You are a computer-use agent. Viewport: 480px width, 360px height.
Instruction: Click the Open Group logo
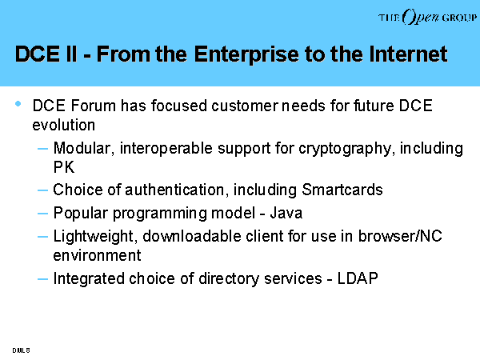pyautogui.click(x=427, y=17)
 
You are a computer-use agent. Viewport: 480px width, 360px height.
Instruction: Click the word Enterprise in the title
pyautogui.click(x=246, y=54)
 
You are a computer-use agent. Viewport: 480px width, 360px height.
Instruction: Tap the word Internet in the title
pyautogui.click(x=408, y=54)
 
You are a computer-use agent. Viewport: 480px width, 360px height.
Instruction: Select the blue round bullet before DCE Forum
pyautogui.click(x=18, y=104)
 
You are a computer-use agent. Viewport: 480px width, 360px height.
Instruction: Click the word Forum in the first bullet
pyautogui.click(x=94, y=106)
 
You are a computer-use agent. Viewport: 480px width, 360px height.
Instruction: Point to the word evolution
pyautogui.click(x=64, y=125)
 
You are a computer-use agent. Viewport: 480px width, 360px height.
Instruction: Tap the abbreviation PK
pyautogui.click(x=64, y=167)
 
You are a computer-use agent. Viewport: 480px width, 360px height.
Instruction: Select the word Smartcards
pyautogui.click(x=342, y=190)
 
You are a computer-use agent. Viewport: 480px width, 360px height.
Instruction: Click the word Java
pyautogui.click(x=286, y=213)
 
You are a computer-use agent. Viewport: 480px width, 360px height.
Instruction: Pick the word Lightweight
pyautogui.click(x=94, y=237)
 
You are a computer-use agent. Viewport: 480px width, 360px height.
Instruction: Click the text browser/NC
pyautogui.click(x=400, y=236)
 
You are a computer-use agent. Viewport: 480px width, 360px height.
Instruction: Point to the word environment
pyautogui.click(x=97, y=256)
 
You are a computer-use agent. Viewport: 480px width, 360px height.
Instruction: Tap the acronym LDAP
pyautogui.click(x=358, y=278)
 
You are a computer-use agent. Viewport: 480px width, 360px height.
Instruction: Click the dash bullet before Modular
pyautogui.click(x=42, y=149)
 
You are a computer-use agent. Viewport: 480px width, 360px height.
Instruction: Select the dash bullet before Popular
pyautogui.click(x=42, y=214)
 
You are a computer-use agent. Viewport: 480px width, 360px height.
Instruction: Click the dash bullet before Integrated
pyautogui.click(x=42, y=279)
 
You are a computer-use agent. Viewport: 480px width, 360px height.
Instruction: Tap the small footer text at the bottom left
pyautogui.click(x=21, y=350)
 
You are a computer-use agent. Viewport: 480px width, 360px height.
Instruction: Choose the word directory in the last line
pyautogui.click(x=229, y=279)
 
